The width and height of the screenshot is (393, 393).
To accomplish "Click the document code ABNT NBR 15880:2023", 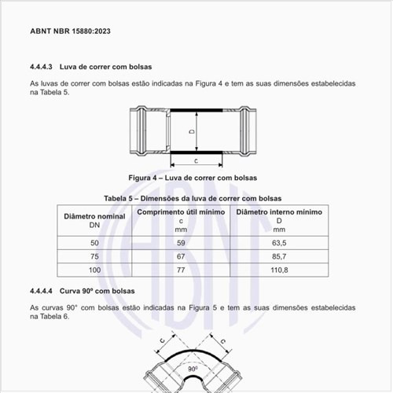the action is pyautogui.click(x=70, y=32).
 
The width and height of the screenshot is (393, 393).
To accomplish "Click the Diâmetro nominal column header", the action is pyautogui.click(x=95, y=215).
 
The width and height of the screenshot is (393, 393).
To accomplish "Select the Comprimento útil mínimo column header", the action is pyautogui.click(x=181, y=211).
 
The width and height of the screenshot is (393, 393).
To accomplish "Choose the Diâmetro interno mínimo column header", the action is pyautogui.click(x=279, y=211).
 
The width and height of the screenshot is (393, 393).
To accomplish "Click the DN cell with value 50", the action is pyautogui.click(x=95, y=243).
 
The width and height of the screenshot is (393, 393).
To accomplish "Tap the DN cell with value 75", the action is pyautogui.click(x=95, y=256).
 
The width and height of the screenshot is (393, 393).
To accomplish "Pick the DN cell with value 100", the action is pyautogui.click(x=95, y=270).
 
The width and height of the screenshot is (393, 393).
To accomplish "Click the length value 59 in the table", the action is pyautogui.click(x=181, y=243).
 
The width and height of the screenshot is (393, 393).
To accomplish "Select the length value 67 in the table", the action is pyautogui.click(x=181, y=256).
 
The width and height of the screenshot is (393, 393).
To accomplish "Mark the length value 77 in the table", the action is pyautogui.click(x=181, y=270).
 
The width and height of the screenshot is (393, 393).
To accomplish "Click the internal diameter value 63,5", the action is pyautogui.click(x=279, y=243).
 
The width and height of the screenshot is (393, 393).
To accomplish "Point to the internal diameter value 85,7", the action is pyautogui.click(x=279, y=256).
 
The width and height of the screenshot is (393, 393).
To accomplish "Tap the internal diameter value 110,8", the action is pyautogui.click(x=279, y=270).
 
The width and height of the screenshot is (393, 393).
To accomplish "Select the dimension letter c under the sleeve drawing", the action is pyautogui.click(x=194, y=160).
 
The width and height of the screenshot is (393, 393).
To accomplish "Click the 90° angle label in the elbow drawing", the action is pyautogui.click(x=192, y=366).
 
